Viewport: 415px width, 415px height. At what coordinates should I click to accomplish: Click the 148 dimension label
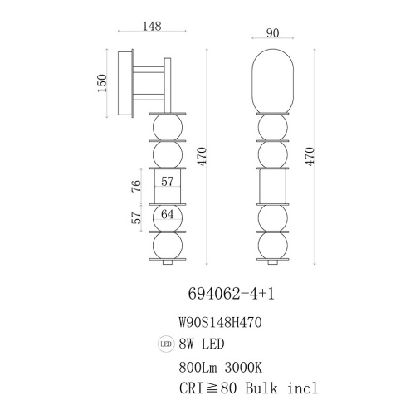[x=152, y=26]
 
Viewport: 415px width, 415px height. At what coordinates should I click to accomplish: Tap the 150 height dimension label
[x=102, y=83]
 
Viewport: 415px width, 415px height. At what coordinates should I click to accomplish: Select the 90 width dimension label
[x=272, y=33]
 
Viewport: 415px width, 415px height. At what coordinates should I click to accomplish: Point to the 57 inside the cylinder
[x=168, y=182]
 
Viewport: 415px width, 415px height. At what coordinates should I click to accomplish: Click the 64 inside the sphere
[x=168, y=214]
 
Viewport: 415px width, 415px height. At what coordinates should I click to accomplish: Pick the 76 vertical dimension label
[x=136, y=186]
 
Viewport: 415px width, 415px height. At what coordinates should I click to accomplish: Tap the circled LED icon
[x=166, y=344]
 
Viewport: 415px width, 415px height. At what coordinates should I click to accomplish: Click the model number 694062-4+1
[x=232, y=294]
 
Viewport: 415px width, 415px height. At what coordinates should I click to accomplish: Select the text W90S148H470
[x=220, y=323]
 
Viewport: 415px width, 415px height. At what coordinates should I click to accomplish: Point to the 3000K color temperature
[x=243, y=368]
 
